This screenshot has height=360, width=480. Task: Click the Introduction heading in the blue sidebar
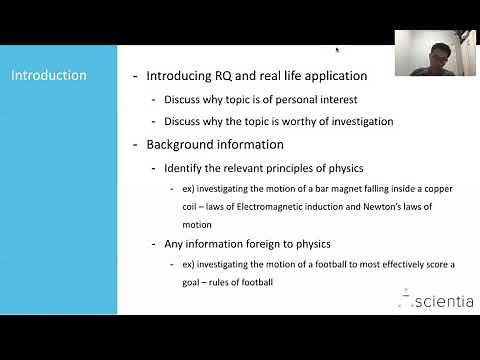[x=49, y=75]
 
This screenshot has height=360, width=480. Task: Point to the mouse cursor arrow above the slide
[x=337, y=49]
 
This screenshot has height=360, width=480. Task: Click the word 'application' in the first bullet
[x=332, y=75]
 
